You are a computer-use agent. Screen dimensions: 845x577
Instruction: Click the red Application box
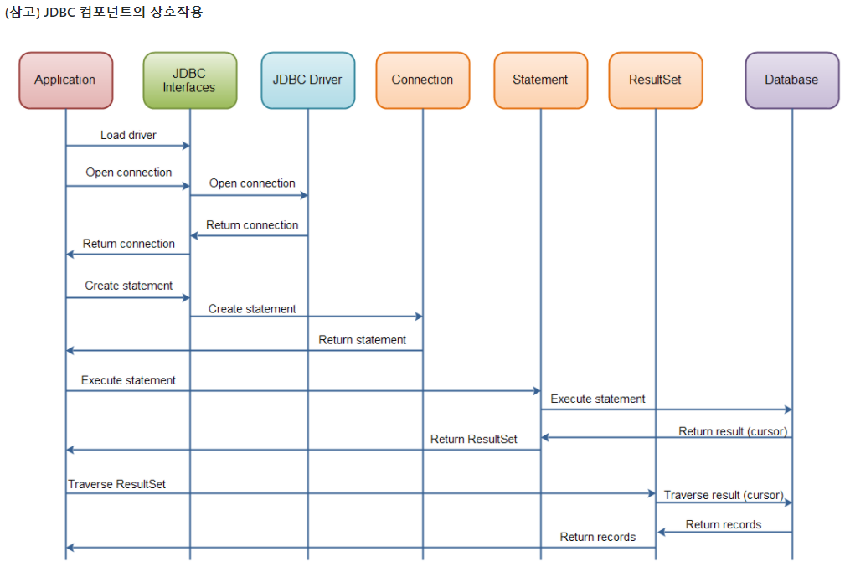(x=65, y=80)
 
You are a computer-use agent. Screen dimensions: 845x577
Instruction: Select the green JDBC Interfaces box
(x=189, y=80)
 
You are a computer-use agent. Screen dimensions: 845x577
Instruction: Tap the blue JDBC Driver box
(x=307, y=80)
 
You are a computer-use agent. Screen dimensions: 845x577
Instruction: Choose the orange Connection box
(x=422, y=80)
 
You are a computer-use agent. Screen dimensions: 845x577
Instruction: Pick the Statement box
(x=540, y=80)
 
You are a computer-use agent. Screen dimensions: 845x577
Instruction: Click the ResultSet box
(x=655, y=80)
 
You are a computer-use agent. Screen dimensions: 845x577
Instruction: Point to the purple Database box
(x=791, y=80)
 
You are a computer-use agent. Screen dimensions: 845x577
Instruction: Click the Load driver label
(x=128, y=135)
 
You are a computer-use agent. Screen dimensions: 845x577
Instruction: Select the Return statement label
(x=362, y=340)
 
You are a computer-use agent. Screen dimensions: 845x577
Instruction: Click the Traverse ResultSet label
(x=116, y=484)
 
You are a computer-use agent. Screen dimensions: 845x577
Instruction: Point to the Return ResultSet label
(x=473, y=439)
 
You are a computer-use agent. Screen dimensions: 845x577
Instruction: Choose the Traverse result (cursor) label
(x=724, y=495)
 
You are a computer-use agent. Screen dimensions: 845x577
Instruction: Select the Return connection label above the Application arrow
(x=129, y=244)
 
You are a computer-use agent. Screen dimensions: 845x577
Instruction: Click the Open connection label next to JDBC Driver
(x=252, y=183)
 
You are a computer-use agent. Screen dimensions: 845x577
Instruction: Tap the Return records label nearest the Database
(x=724, y=524)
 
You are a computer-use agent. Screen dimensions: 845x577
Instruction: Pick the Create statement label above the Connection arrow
(x=252, y=309)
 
